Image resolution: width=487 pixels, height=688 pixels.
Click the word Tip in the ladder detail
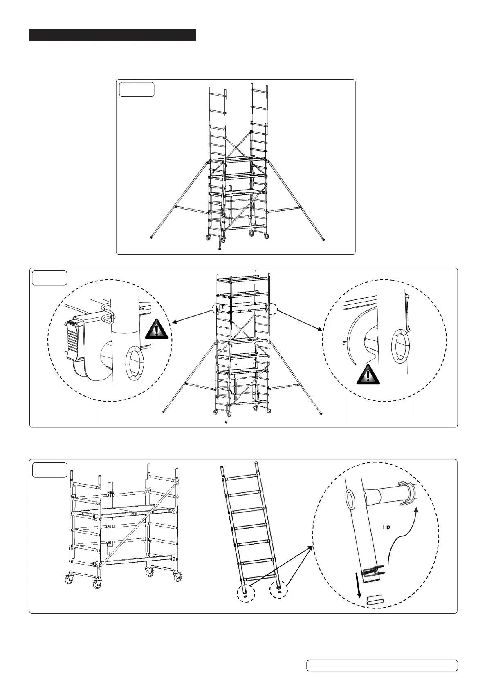tap(386, 527)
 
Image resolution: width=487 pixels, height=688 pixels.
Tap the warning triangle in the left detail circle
tap(157, 329)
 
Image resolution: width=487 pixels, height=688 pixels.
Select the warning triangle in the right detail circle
tap(368, 374)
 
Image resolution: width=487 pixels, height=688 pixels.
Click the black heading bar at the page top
tap(112, 35)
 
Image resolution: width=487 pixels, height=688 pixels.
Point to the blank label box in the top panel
tap(136, 89)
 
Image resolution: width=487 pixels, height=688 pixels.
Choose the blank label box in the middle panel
tap(49, 278)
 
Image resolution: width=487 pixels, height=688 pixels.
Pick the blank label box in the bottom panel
tap(49, 470)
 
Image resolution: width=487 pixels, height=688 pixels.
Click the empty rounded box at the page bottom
tap(382, 665)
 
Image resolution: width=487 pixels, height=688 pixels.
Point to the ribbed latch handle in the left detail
tap(74, 341)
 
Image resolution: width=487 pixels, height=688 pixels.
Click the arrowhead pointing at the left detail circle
tap(173, 323)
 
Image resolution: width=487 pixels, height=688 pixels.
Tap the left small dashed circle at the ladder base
tap(246, 594)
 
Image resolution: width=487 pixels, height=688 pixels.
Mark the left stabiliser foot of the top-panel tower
tap(152, 236)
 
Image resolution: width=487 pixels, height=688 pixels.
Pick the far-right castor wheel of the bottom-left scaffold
tap(177, 577)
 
